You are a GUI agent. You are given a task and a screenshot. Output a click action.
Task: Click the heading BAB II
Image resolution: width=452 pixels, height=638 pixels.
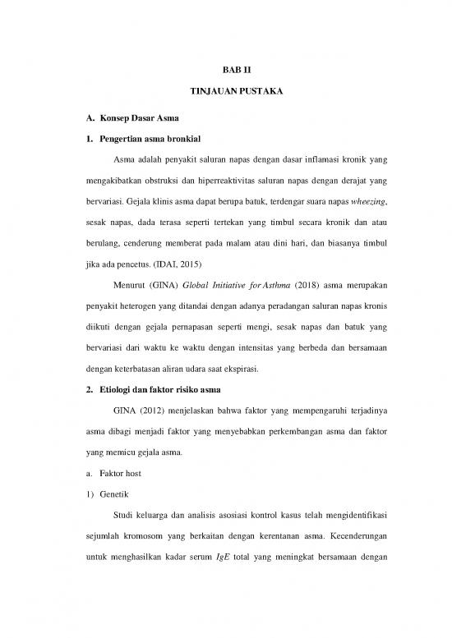point(225,72)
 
